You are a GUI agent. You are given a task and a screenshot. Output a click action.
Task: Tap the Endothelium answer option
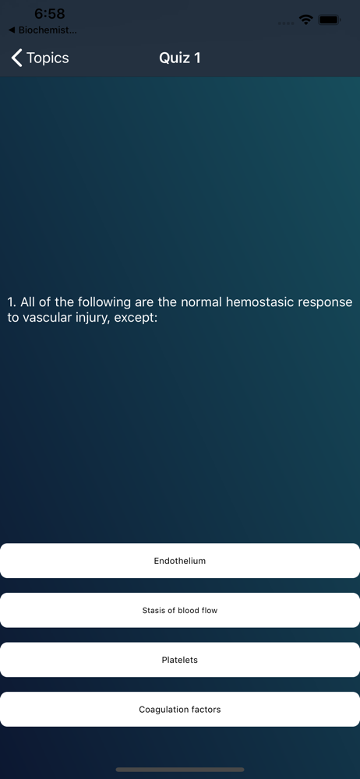coord(180,560)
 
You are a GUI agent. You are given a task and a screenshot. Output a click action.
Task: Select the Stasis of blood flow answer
coord(180,610)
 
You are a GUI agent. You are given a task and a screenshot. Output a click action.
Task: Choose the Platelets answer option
coord(180,660)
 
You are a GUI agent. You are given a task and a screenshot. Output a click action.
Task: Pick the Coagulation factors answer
coord(180,710)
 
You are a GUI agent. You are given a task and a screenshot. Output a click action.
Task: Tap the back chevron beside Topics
coord(17,58)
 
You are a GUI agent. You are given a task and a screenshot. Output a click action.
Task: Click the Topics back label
coord(48,58)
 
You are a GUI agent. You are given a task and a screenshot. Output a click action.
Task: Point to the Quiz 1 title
coord(179,58)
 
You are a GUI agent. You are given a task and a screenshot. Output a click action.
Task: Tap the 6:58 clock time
coord(50,14)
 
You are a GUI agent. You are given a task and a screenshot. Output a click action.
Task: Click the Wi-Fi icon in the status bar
coord(305,19)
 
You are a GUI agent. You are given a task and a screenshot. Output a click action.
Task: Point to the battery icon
coord(329,20)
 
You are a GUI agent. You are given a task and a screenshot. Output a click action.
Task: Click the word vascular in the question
coord(44,318)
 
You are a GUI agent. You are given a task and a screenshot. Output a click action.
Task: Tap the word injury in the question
coord(90,318)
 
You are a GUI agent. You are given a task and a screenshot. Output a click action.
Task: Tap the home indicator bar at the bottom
coord(180,770)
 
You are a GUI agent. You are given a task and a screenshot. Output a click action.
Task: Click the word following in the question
coord(104,302)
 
